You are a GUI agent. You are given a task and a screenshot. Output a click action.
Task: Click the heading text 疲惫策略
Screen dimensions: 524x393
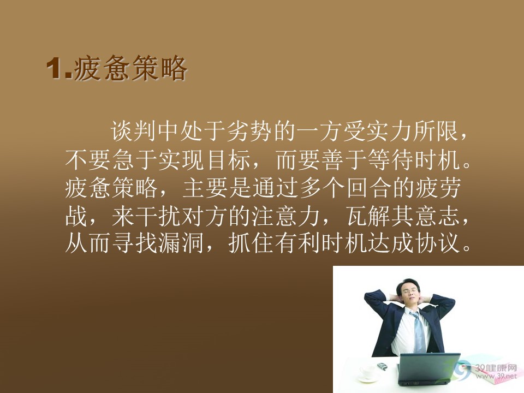click(130, 69)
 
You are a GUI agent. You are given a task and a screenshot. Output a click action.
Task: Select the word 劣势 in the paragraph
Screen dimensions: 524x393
click(249, 130)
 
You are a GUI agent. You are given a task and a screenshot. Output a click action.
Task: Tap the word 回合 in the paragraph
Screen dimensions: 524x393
click(368, 188)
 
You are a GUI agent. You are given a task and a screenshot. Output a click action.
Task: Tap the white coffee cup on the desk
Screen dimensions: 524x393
click(368, 371)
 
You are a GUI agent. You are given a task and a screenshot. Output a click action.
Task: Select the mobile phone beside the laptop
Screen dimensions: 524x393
click(382, 366)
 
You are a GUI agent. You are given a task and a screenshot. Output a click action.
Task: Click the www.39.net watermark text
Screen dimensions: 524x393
click(496, 376)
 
